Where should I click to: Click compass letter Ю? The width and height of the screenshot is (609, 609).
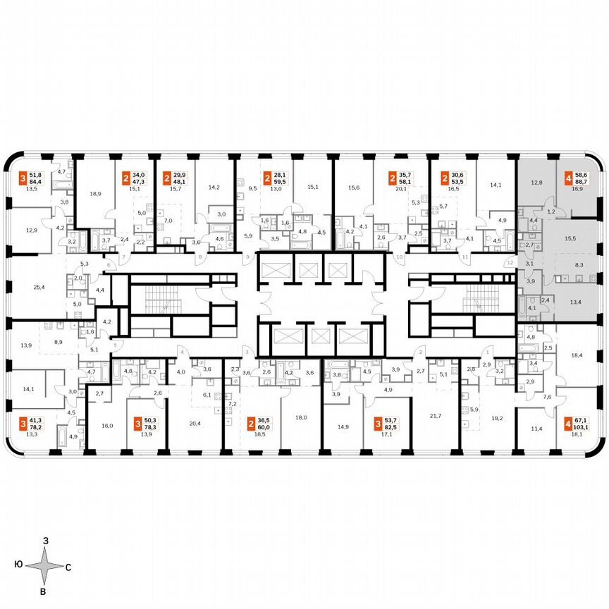[x=17, y=566]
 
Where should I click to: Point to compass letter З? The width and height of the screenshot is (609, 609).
[x=45, y=540]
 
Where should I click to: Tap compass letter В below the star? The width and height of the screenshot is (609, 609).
[x=44, y=591]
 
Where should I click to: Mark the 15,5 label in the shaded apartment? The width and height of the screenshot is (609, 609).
[x=570, y=239]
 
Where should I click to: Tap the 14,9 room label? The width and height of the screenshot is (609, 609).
[x=343, y=426]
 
